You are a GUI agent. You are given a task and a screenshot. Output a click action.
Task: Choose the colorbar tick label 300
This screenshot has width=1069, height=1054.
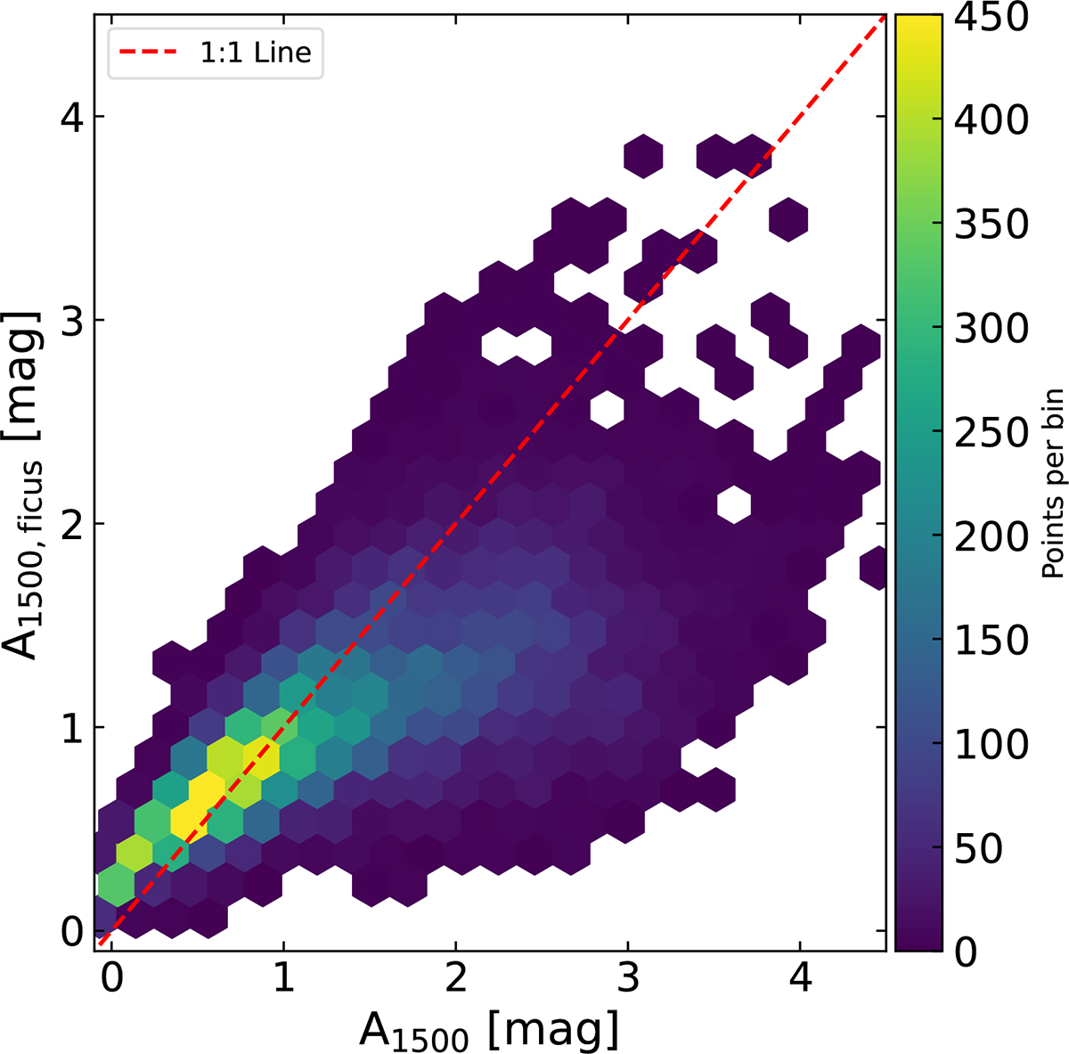(991, 328)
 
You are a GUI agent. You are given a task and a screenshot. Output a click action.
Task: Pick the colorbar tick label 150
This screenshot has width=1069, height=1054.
(991, 640)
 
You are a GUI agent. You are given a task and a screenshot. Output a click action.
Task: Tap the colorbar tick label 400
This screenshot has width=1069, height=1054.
(991, 120)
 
